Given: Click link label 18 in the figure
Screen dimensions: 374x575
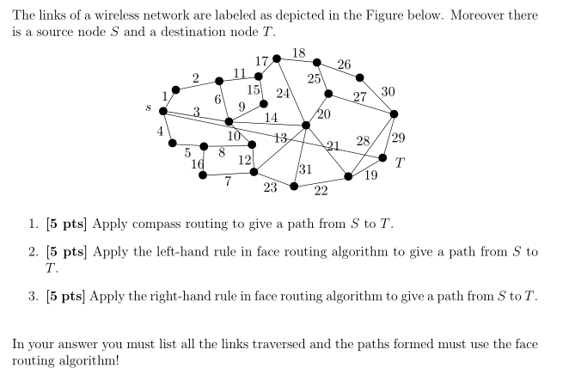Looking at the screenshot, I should point(298,53).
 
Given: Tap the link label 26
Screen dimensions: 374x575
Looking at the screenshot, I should point(344,64).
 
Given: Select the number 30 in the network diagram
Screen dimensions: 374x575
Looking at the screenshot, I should point(388,91).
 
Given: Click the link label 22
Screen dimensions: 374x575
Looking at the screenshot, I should point(321,191).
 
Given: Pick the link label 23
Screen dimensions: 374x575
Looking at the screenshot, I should point(270,186).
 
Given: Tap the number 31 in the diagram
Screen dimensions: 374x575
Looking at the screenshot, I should point(304,169).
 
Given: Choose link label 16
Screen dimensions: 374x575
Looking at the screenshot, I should point(198,164).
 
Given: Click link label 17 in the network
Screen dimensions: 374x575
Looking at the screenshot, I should point(262,61).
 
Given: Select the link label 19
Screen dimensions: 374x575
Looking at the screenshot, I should point(371,175).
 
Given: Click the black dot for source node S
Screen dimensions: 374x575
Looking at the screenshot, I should point(162,111).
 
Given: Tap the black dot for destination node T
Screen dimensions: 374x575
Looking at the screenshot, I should point(382,157).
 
